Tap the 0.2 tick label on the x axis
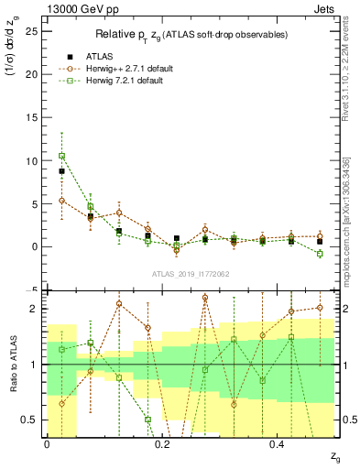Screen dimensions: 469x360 click(161, 443)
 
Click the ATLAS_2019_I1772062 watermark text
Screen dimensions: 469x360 click(191, 274)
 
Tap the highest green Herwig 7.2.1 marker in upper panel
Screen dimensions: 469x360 click(61, 156)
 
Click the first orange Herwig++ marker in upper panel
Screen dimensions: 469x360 click(61, 200)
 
